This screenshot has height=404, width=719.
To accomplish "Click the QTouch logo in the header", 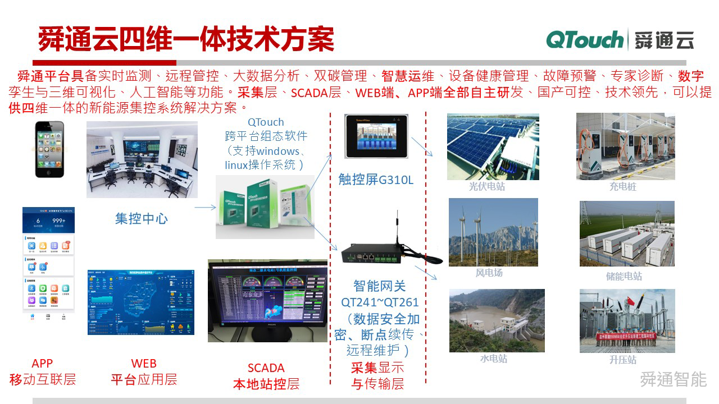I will tap(585, 40).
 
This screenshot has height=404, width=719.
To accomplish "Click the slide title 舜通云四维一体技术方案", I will tap(186, 39).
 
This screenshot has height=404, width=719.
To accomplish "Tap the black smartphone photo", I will tap(50, 149).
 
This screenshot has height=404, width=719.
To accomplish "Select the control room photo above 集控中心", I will tap(142, 159).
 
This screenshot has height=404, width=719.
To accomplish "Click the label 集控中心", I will tap(142, 218).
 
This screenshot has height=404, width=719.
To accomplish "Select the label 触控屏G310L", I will tap(376, 179).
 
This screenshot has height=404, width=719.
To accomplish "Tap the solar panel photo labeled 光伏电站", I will tap(493, 146).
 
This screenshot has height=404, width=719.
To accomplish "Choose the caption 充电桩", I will tap(623, 186).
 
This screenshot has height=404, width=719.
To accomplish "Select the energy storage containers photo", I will tap(627, 233).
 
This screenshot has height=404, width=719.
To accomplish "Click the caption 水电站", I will tap(494, 359).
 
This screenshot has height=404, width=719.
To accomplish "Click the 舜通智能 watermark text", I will tap(673, 379).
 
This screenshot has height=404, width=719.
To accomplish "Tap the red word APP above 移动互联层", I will tap(42, 364).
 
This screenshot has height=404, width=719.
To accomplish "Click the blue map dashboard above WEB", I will tap(141, 302).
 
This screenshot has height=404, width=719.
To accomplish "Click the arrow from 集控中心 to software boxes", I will tap(205, 208).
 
